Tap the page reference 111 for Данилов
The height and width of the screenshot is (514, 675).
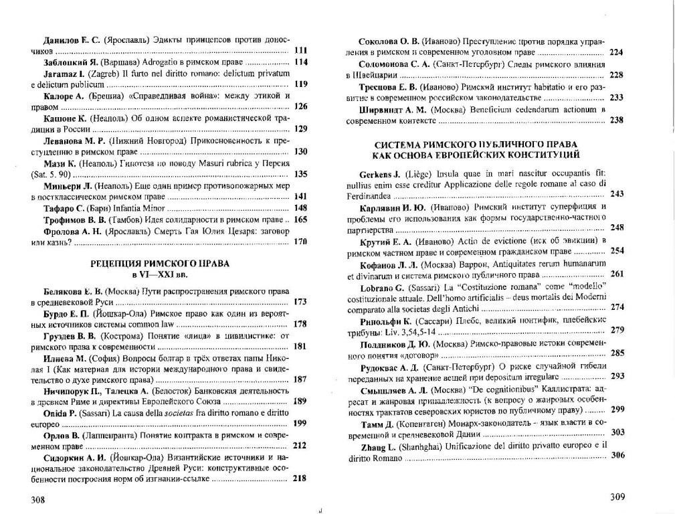[x=300, y=51]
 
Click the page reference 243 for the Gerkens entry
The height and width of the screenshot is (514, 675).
[x=617, y=194]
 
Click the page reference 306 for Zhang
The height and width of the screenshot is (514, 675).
[x=617, y=455]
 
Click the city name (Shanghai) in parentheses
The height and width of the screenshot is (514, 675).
[x=426, y=445]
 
